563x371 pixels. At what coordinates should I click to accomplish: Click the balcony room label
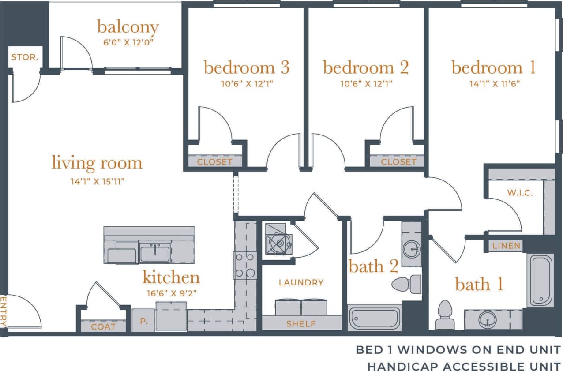click(x=128, y=27)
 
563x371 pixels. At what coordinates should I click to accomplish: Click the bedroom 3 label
click(x=247, y=68)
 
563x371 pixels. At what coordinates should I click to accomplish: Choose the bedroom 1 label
click(x=493, y=68)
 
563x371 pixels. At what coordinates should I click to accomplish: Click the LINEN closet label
click(x=507, y=246)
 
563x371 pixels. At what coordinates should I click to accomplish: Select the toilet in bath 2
click(x=406, y=284)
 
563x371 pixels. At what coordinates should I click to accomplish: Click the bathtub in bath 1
click(x=540, y=281)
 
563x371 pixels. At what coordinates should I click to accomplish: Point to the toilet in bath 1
click(x=445, y=315)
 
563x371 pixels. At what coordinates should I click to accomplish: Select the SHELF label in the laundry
click(x=301, y=324)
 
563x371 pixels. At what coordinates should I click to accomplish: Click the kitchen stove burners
click(x=245, y=266)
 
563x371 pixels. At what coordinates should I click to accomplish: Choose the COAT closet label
click(x=103, y=327)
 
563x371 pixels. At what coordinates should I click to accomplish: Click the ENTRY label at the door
click(x=4, y=311)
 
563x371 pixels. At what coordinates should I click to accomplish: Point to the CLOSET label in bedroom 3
click(x=214, y=162)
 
